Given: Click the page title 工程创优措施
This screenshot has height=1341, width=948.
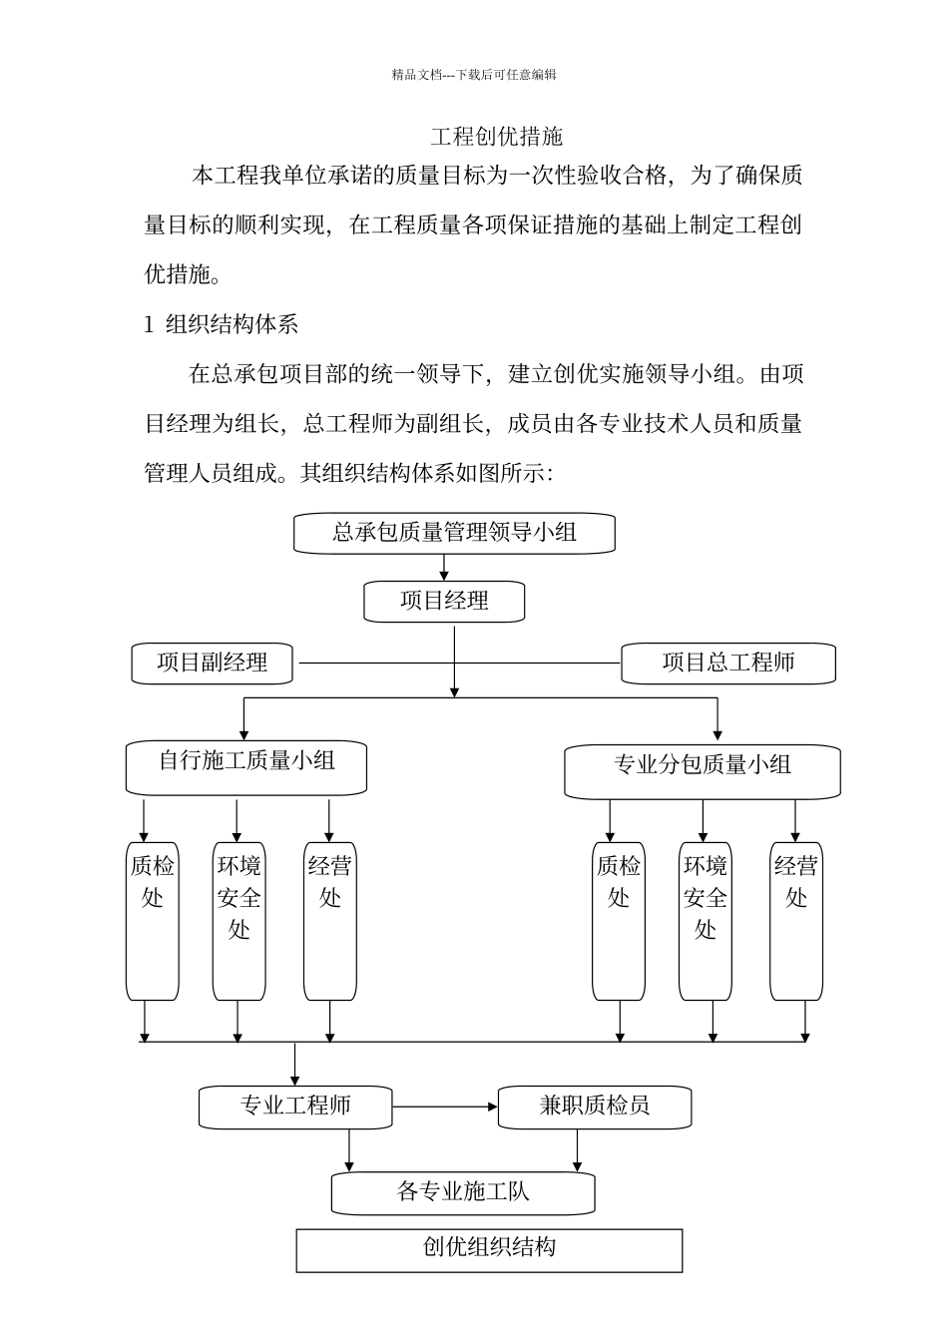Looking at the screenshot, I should [x=496, y=137].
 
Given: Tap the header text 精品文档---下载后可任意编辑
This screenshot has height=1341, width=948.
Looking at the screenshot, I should [x=474, y=75].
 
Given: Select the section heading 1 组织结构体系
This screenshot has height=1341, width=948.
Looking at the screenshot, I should [x=222, y=324].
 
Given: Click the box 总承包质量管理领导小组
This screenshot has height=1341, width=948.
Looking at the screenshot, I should [x=454, y=533].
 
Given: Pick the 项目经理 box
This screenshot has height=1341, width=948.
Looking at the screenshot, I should [x=444, y=602].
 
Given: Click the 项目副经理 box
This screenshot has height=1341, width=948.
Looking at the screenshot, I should [x=213, y=663].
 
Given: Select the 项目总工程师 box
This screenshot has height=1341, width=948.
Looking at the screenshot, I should [x=727, y=664].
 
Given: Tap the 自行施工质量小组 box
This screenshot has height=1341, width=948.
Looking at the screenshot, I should [x=246, y=765].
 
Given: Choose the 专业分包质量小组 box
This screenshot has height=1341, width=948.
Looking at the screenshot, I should [x=702, y=769].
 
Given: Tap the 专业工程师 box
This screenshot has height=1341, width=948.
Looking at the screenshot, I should [x=295, y=1107].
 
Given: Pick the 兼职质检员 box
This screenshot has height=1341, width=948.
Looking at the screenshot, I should [x=594, y=1107].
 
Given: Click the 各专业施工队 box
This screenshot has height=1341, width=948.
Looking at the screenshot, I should [x=463, y=1192].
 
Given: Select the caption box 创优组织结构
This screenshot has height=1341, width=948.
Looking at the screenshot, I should [x=489, y=1249].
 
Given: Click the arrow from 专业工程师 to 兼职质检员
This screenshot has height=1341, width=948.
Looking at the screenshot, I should [x=445, y=1107].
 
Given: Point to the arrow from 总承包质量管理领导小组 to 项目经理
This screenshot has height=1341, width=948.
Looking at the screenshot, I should [x=444, y=568].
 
